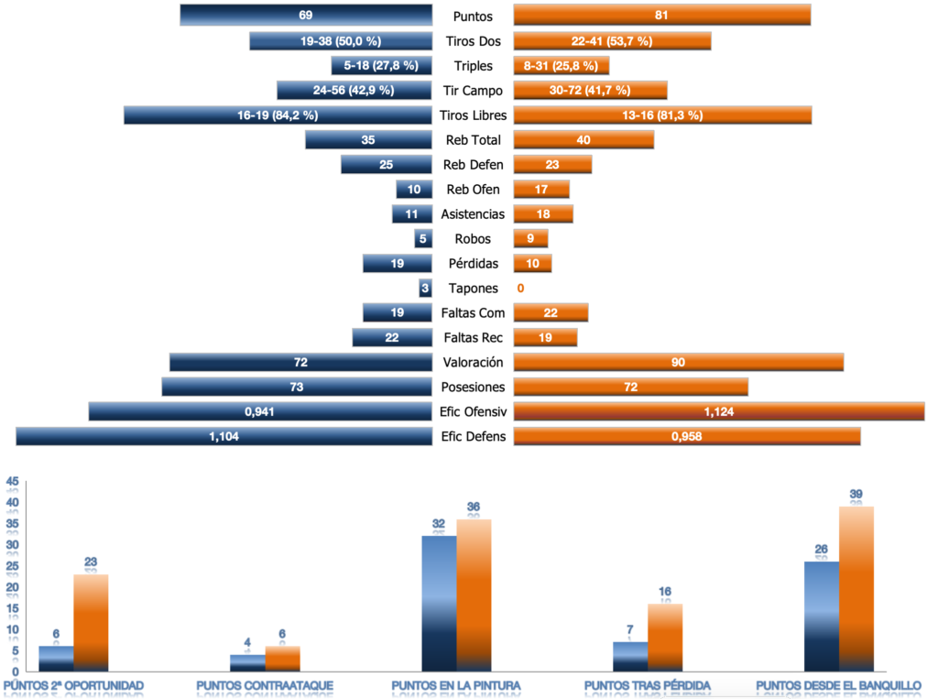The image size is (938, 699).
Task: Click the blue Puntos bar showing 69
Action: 306,16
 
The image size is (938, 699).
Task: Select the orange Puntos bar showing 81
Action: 661,16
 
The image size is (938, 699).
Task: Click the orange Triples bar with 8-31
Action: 561,66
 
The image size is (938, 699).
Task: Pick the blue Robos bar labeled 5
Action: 422,239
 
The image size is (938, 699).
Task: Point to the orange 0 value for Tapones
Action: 520,289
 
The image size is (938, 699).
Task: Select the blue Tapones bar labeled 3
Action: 425,289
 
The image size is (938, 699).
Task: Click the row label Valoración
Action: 473,363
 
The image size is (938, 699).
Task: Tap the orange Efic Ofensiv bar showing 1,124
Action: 718,412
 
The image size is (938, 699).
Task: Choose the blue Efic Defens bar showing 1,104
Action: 224,437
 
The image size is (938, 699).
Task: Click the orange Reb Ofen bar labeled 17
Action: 541,190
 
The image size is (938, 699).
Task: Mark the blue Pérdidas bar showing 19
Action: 397,264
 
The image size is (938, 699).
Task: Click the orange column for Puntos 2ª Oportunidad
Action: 91,623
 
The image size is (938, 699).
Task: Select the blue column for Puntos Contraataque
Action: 247,662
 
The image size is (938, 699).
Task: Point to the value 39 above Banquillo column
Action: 856,495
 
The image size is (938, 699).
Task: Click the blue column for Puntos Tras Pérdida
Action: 630,656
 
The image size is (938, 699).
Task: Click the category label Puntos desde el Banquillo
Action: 838,685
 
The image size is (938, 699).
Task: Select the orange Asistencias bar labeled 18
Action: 543,214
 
